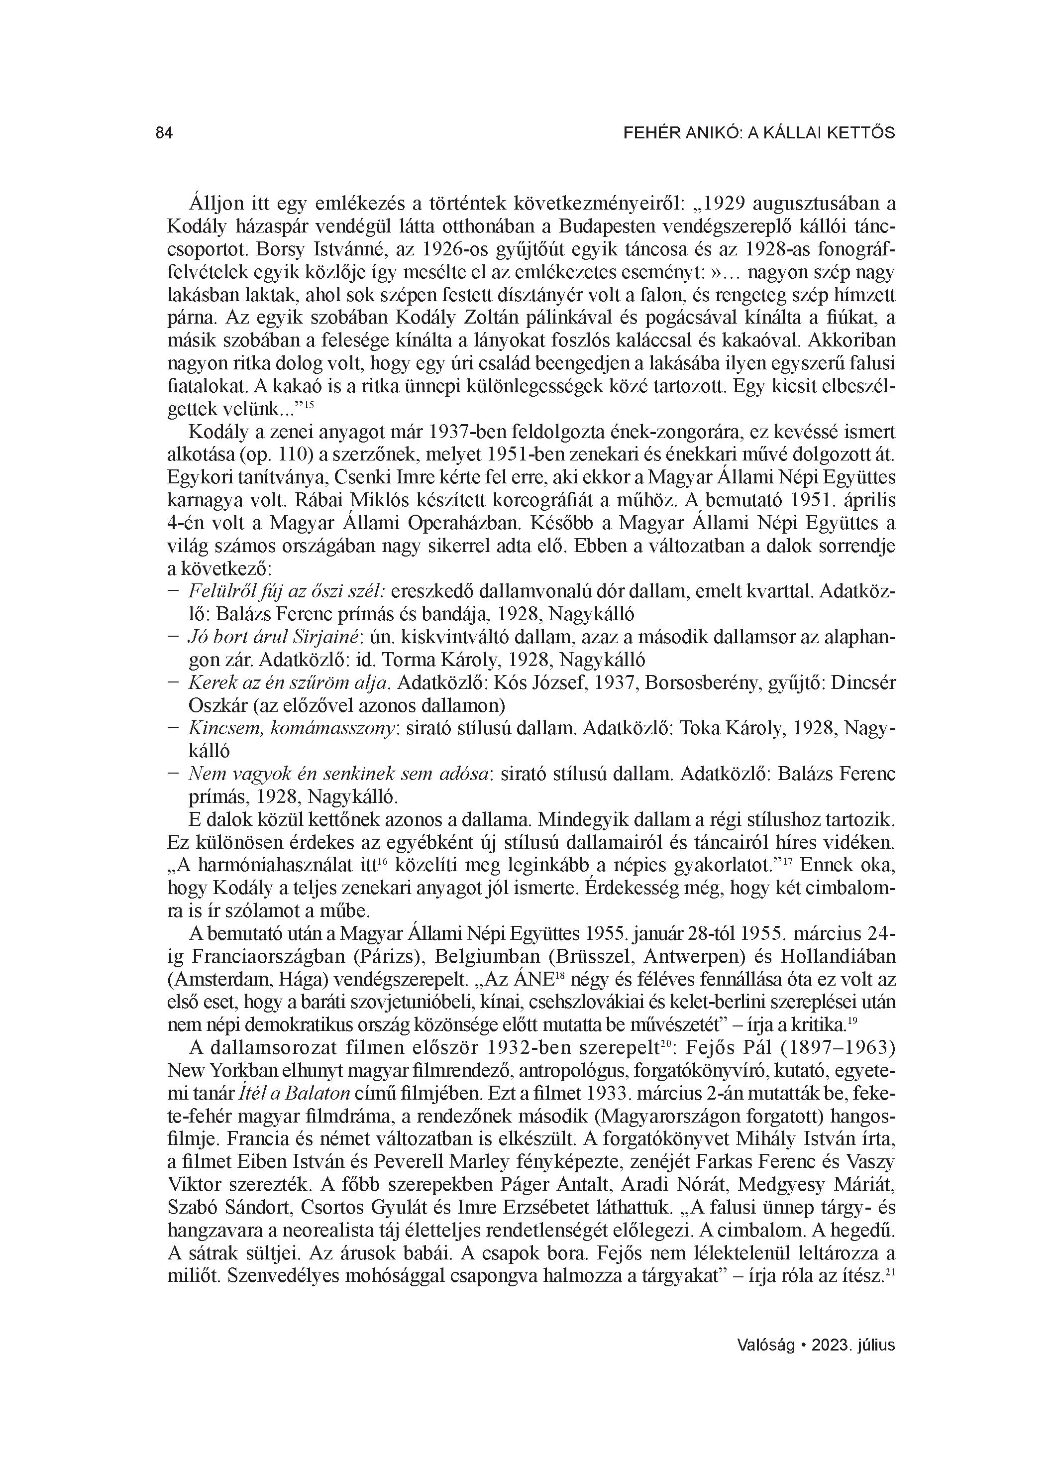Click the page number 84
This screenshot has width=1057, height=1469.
165,133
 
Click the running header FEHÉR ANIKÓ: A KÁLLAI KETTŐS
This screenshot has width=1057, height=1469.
758,133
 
